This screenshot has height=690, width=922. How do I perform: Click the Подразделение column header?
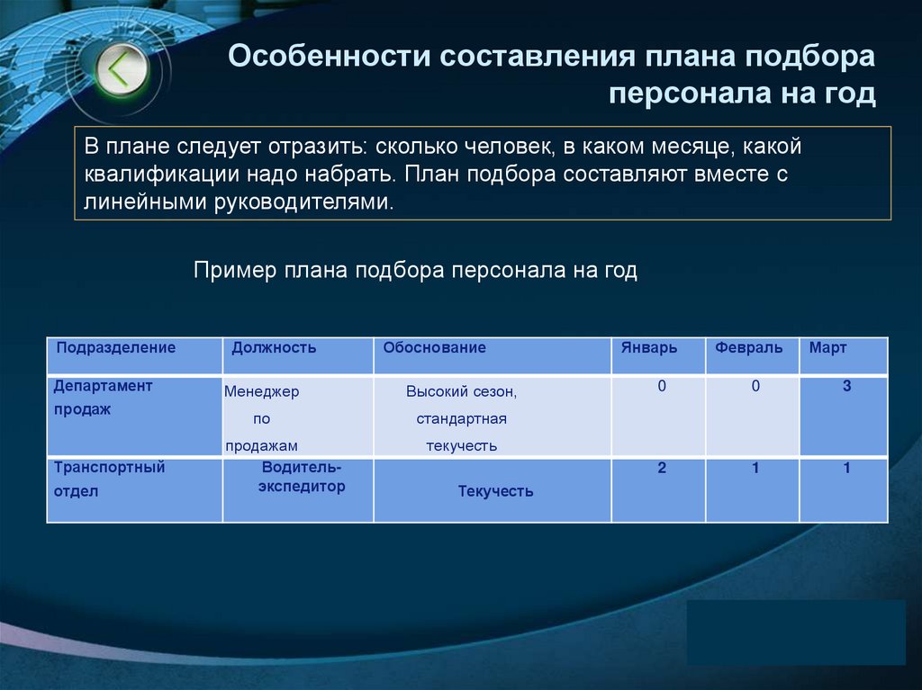point(116,348)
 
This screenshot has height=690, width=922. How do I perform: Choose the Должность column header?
point(274,348)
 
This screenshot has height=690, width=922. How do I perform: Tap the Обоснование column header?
point(434,348)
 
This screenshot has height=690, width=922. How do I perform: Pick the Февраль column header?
point(749,348)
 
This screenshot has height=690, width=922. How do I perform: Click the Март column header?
point(827,348)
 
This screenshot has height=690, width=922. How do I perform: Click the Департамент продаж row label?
point(103,398)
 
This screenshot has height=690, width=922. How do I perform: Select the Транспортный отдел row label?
point(109,479)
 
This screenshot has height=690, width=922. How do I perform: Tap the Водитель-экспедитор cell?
point(302,477)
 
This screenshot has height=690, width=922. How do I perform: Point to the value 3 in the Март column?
point(846,387)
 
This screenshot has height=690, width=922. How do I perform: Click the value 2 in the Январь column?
point(662,469)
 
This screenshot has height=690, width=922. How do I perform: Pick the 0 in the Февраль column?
point(756,387)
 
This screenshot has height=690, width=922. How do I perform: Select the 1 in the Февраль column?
point(756,469)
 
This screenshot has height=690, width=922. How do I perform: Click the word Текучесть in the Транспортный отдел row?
point(495,491)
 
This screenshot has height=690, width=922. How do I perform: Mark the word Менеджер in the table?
point(262,392)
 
